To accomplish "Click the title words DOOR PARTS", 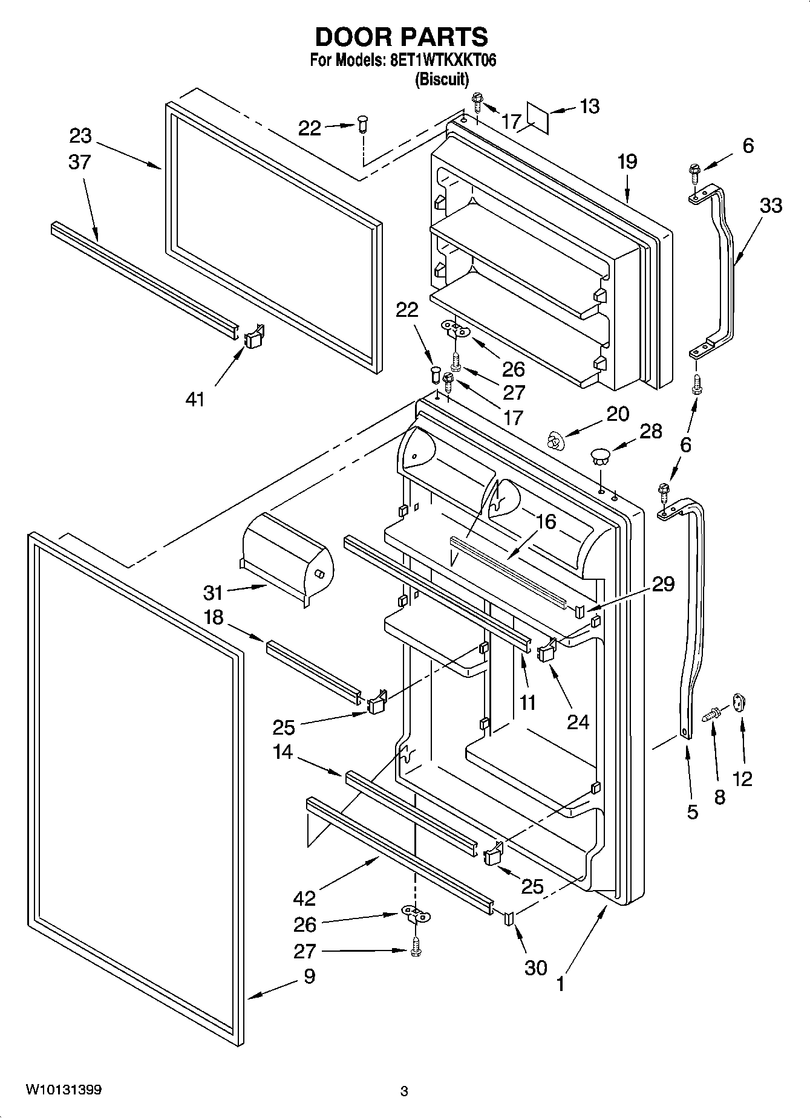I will click(402, 37).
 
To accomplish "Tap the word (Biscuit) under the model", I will click(442, 79).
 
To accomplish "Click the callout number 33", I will click(771, 206).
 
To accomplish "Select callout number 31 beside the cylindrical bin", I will click(213, 593).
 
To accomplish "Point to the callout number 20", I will click(618, 414).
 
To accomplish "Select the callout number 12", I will click(742, 779).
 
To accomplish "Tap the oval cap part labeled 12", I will click(739, 703).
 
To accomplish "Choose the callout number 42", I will click(305, 898).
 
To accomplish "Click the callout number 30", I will click(536, 967).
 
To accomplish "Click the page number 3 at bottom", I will click(404, 1091).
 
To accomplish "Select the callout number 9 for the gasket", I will click(309, 977).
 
